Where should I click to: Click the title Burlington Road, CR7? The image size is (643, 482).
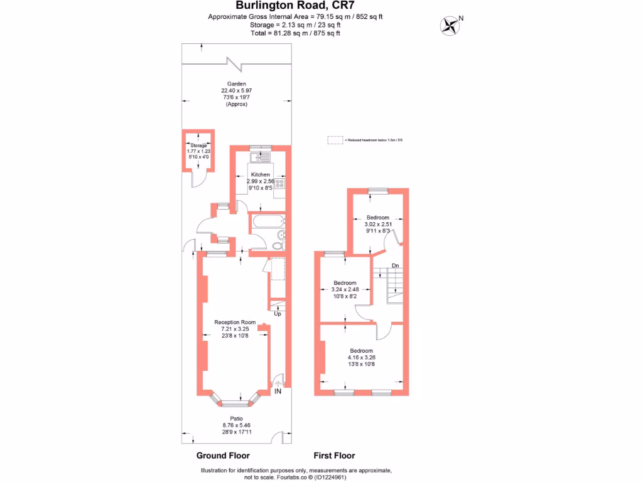pos(295,6)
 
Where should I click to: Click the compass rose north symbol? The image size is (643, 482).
pos(450,24)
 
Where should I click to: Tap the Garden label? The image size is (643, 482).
pos(237,83)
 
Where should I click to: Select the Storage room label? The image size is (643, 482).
pos(198,146)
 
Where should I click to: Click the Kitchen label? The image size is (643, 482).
pos(261,174)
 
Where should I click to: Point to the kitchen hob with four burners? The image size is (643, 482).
pos(280,184)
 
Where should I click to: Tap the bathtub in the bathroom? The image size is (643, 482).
pos(266,220)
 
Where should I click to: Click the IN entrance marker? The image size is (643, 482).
pos(278,391)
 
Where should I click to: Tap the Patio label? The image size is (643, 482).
pos(236,419)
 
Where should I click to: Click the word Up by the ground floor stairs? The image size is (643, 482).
pos(277,313)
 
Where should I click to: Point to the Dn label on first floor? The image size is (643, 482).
pos(395,266)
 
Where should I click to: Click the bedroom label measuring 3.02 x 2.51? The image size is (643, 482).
pos(378,218)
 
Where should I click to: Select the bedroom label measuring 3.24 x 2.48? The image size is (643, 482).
pos(345,282)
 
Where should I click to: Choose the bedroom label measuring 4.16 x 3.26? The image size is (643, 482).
pos(361,351)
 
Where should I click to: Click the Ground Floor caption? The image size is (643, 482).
pos(223,456)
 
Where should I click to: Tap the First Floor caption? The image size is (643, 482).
pos(334,456)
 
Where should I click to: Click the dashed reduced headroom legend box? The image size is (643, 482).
pos(335,140)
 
